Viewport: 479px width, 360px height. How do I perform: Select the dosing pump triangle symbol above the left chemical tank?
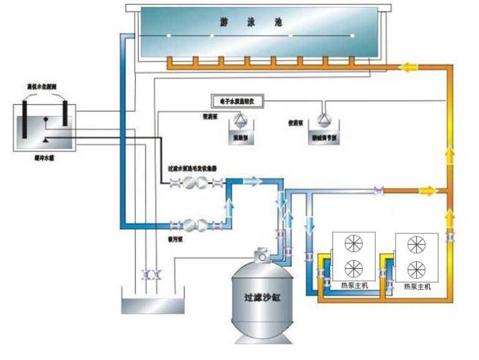pyautogui.click(x=239, y=119)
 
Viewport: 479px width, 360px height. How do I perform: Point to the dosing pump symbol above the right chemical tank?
pyautogui.click(x=323, y=119)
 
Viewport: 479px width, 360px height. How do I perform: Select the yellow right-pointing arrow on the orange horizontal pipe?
pyautogui.click(x=427, y=190)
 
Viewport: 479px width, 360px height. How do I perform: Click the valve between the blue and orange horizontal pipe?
pyautogui.click(x=377, y=190)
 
